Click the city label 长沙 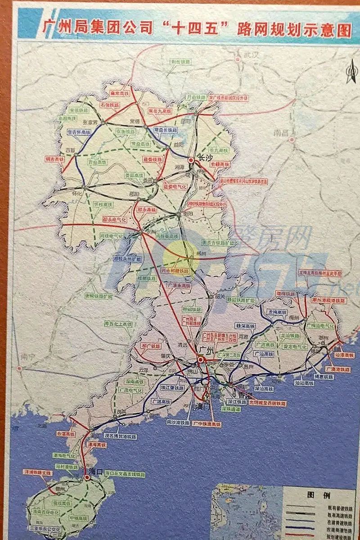tap(205, 157)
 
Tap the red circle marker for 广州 tap(199, 360)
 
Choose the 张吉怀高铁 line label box tap(79, 132)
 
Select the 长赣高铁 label tap(220, 165)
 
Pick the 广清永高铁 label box tap(179, 285)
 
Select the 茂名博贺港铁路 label tap(120, 436)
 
